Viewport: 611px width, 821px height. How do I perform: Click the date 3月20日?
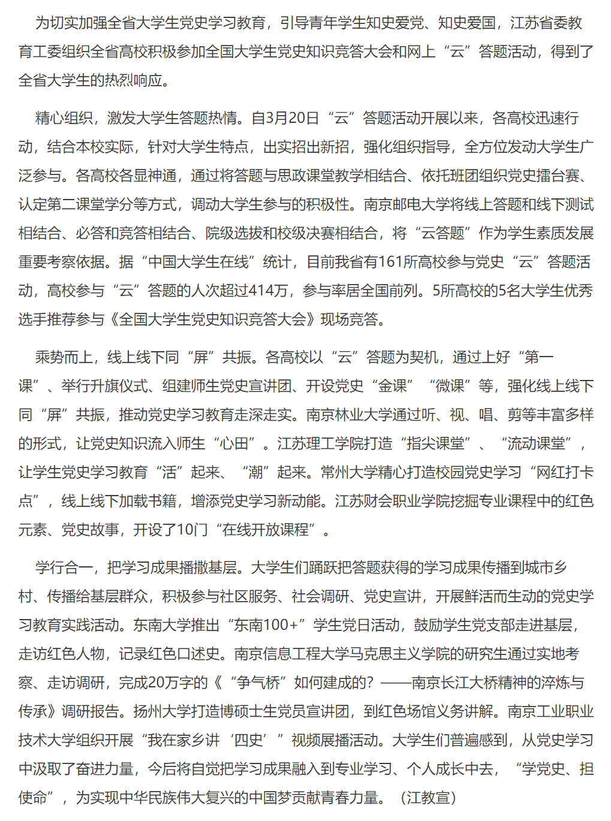tap(285, 118)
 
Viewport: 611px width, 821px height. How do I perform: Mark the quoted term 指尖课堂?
tap(435, 443)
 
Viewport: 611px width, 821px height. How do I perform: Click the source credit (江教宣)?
tap(428, 798)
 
